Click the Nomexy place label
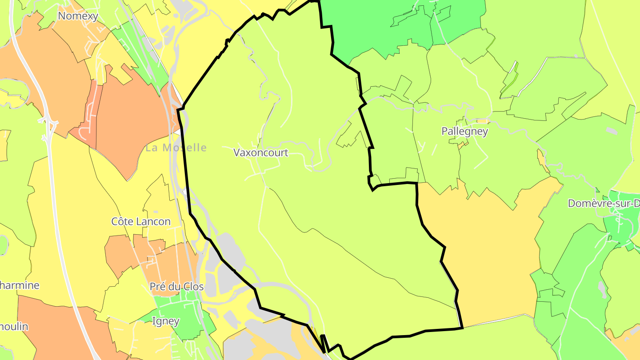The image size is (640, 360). pos(78,16)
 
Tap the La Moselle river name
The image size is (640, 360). pos(176,148)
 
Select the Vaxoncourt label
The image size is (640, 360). pos(261,153)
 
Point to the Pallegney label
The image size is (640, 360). pos(464,132)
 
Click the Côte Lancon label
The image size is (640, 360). pos(141,221)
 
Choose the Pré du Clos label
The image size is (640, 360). pos(177,287)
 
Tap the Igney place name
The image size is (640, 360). pos(166,321)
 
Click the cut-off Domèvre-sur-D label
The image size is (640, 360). pos(604,204)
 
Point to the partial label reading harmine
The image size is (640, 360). pos(20,285)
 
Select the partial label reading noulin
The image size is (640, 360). pos(14,327)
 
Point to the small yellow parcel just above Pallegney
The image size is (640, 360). pos(483,121)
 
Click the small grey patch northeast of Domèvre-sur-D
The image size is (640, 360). pos(612,131)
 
